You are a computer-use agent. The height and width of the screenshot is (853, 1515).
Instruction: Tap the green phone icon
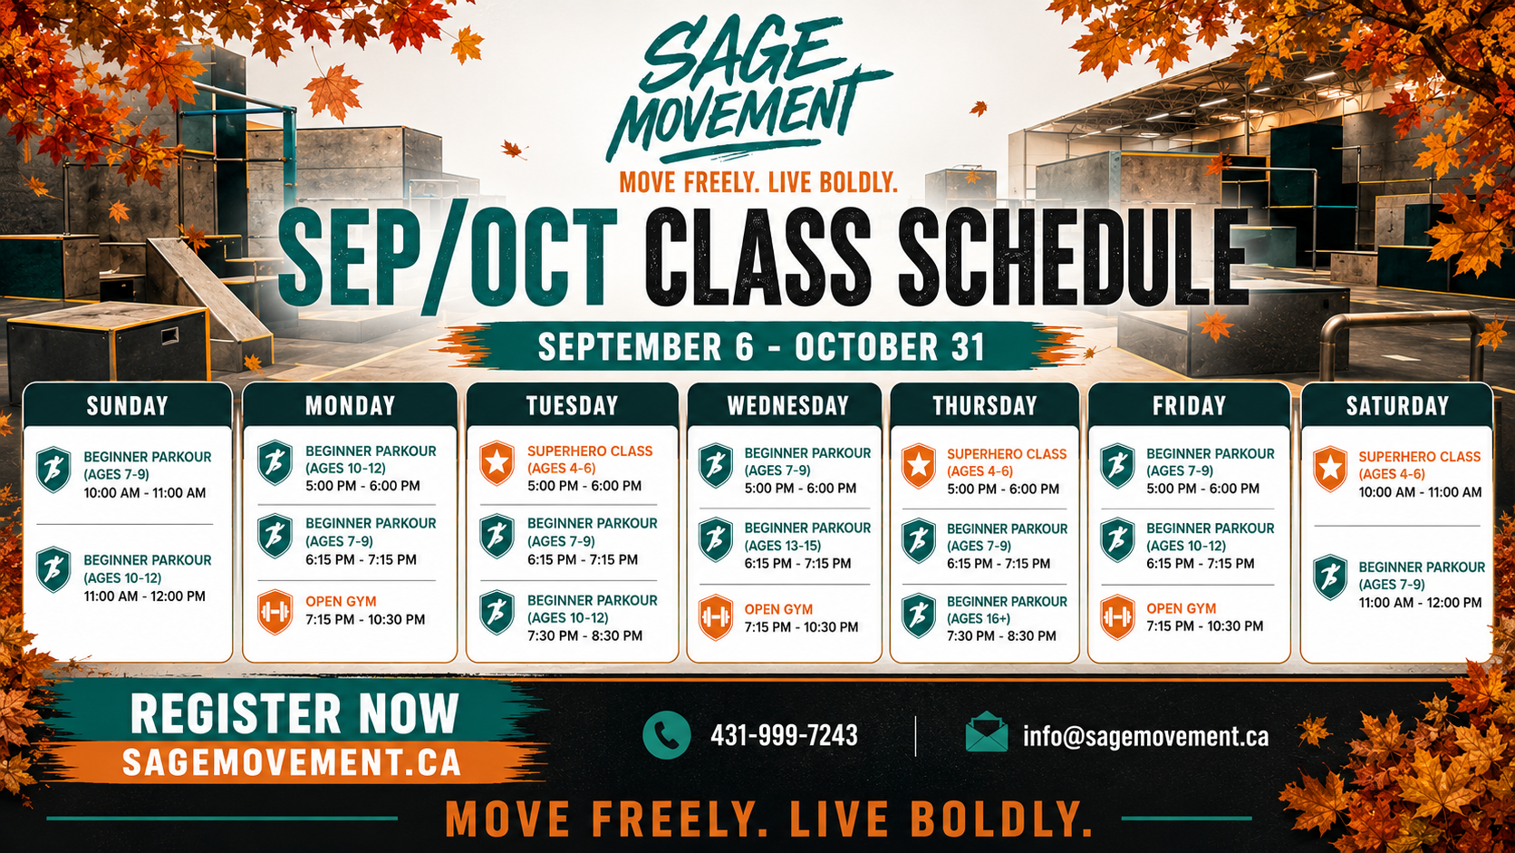click(x=666, y=735)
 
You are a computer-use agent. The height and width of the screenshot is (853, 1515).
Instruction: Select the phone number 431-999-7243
click(x=784, y=735)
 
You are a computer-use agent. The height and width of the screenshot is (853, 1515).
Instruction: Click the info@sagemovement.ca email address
click(x=1145, y=737)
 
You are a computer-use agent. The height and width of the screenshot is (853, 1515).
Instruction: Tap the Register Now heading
click(x=294, y=713)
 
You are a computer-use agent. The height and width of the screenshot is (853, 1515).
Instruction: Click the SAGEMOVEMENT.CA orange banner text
click(x=292, y=762)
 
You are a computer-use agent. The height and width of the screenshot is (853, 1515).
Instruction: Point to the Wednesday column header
click(x=788, y=405)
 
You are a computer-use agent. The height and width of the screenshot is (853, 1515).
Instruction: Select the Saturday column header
click(x=1397, y=405)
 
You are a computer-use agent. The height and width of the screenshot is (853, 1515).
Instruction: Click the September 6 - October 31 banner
click(x=761, y=346)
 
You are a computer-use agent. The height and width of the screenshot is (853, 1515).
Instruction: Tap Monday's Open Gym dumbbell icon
click(x=275, y=612)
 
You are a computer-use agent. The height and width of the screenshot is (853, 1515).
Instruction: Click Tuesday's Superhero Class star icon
click(x=497, y=462)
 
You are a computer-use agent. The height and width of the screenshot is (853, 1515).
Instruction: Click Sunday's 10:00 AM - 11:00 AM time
click(x=145, y=493)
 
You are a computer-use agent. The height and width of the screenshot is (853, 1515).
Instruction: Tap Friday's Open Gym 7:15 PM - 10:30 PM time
click(x=1204, y=626)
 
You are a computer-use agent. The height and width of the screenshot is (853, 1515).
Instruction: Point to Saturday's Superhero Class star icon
click(x=1330, y=469)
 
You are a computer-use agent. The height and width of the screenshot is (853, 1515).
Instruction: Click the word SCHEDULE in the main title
click(x=1073, y=257)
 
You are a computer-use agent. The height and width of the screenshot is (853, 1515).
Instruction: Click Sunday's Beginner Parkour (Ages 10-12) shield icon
click(x=53, y=569)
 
